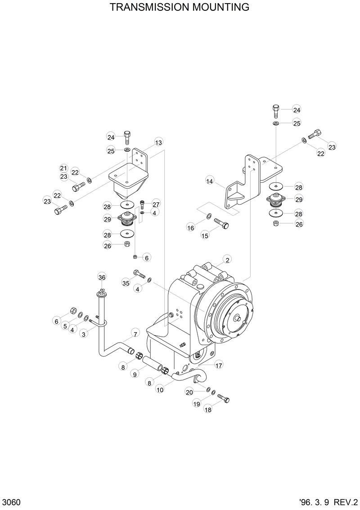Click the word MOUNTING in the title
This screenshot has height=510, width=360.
pyautogui.click(x=221, y=7)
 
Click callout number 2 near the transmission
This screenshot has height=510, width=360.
pyautogui.click(x=228, y=260)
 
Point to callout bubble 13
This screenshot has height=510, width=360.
pyautogui.click(x=158, y=143)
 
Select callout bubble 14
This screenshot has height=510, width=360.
pyautogui.click(x=210, y=181)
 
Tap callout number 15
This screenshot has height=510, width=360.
pyautogui.click(x=205, y=236)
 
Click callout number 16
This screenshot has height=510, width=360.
pyautogui.click(x=191, y=228)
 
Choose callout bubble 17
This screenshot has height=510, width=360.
pyautogui.click(x=219, y=365)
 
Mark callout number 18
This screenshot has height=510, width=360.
pyautogui.click(x=208, y=410)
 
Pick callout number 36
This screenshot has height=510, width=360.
pyautogui.click(x=102, y=277)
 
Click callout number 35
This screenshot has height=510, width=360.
pyautogui.click(x=126, y=283)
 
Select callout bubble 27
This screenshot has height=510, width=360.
pyautogui.click(x=156, y=204)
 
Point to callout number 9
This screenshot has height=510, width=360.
pyautogui.click(x=135, y=373)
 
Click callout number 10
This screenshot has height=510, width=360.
pyautogui.click(x=160, y=390)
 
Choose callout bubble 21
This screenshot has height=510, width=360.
pyautogui.click(x=63, y=168)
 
